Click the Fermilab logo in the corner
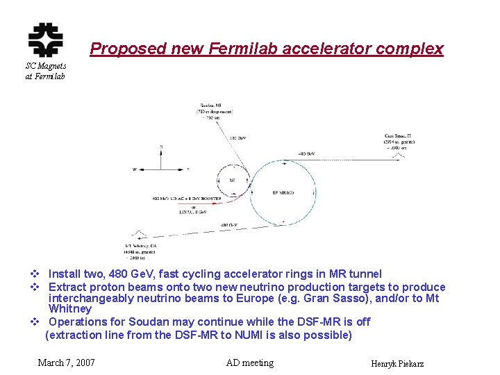45,39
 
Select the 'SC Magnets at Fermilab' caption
45,71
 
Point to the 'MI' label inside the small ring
233,180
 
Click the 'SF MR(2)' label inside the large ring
283,192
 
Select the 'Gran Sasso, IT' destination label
400,136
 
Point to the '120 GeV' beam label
237,138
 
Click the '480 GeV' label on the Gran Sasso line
306,153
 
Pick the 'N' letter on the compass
161,147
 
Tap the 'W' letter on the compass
135,169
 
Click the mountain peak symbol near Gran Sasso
397,156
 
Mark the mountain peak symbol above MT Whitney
139,234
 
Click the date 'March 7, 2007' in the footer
67,362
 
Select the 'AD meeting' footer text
250,362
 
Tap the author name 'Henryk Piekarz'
398,364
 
